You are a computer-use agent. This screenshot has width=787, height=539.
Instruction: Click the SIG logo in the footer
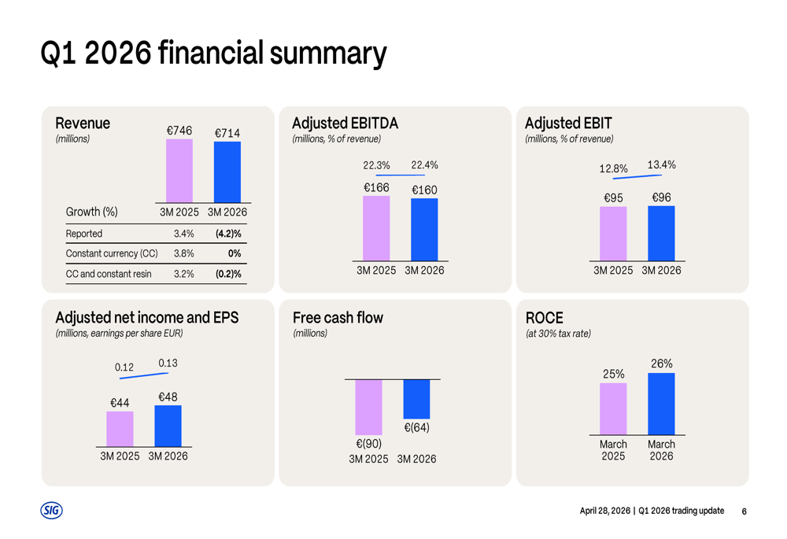pyautogui.click(x=51, y=511)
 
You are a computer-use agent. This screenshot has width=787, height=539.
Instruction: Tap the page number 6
pyautogui.click(x=744, y=511)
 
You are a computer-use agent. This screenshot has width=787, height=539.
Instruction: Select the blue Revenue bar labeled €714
pyautogui.click(x=227, y=172)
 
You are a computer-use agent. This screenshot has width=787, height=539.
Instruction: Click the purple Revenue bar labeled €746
pyautogui.click(x=179, y=171)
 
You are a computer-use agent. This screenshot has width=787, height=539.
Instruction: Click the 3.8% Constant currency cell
pyautogui.click(x=183, y=253)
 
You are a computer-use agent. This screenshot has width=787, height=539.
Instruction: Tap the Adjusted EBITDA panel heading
pyautogui.click(x=345, y=124)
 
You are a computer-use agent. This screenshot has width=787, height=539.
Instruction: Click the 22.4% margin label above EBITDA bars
pyautogui.click(x=424, y=165)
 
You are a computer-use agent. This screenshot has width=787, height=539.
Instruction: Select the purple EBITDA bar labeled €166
pyautogui.click(x=376, y=228)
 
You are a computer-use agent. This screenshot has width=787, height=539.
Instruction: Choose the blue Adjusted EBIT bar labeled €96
pyautogui.click(x=661, y=233)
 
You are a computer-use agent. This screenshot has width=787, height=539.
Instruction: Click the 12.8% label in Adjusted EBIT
pyautogui.click(x=614, y=168)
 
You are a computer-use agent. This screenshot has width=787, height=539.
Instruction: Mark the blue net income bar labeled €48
pyautogui.click(x=168, y=426)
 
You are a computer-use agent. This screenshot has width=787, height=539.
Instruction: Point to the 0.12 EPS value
pyautogui.click(x=124, y=367)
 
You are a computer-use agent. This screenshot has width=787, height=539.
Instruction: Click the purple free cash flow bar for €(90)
pyautogui.click(x=368, y=408)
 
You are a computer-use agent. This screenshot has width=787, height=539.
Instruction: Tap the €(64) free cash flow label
pyautogui.click(x=416, y=428)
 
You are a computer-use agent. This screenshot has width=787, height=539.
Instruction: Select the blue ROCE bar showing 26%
pyautogui.click(x=661, y=404)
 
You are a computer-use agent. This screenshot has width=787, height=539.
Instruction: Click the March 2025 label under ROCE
pyautogui.click(x=613, y=450)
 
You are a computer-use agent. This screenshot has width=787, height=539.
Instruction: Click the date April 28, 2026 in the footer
pyautogui.click(x=605, y=511)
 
